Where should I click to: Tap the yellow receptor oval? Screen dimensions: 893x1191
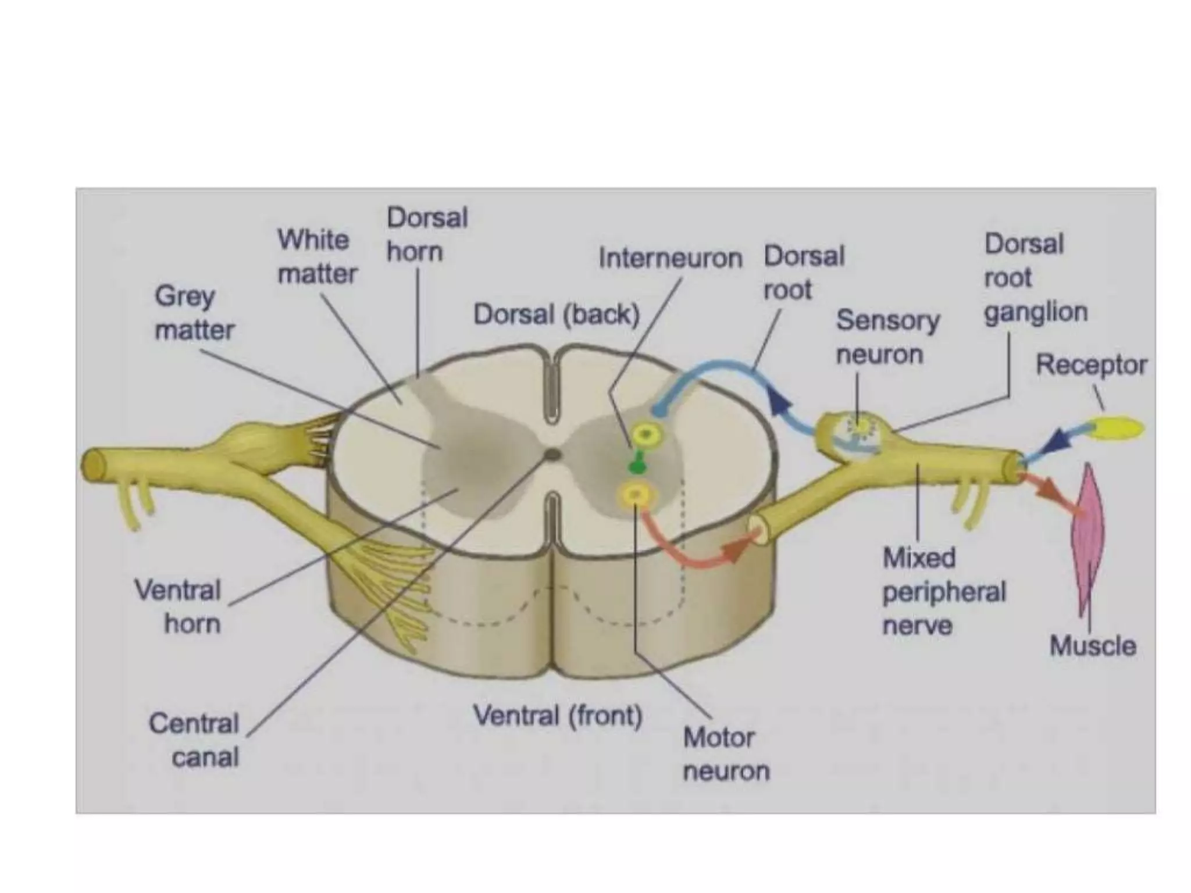coord(1119,428)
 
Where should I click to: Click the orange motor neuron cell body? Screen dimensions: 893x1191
coord(636,495)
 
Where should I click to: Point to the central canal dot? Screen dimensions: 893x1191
coord(552,454)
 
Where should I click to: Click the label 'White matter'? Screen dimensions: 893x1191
coord(317,256)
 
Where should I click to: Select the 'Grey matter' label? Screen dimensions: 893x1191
coord(194,313)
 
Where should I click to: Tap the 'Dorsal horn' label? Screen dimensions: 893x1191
coord(427,234)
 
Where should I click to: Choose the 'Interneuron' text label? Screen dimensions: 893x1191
coord(670,258)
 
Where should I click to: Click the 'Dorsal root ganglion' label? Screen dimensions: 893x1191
coord(1035,278)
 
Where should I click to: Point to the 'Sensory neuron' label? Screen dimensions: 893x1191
coord(887,337)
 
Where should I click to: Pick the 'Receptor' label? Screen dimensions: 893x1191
coord(1091,365)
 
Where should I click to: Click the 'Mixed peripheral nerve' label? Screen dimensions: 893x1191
coord(943,592)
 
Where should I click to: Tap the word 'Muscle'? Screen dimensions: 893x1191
coord(1093,646)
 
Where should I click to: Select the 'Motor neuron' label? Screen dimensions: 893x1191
coord(726,754)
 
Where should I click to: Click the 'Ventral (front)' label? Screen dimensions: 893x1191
coord(558,715)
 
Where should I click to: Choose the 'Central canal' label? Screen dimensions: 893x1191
coord(194,740)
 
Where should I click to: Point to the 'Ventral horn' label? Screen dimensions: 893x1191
coord(178,606)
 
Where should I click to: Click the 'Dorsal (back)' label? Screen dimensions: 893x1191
coord(557,315)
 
